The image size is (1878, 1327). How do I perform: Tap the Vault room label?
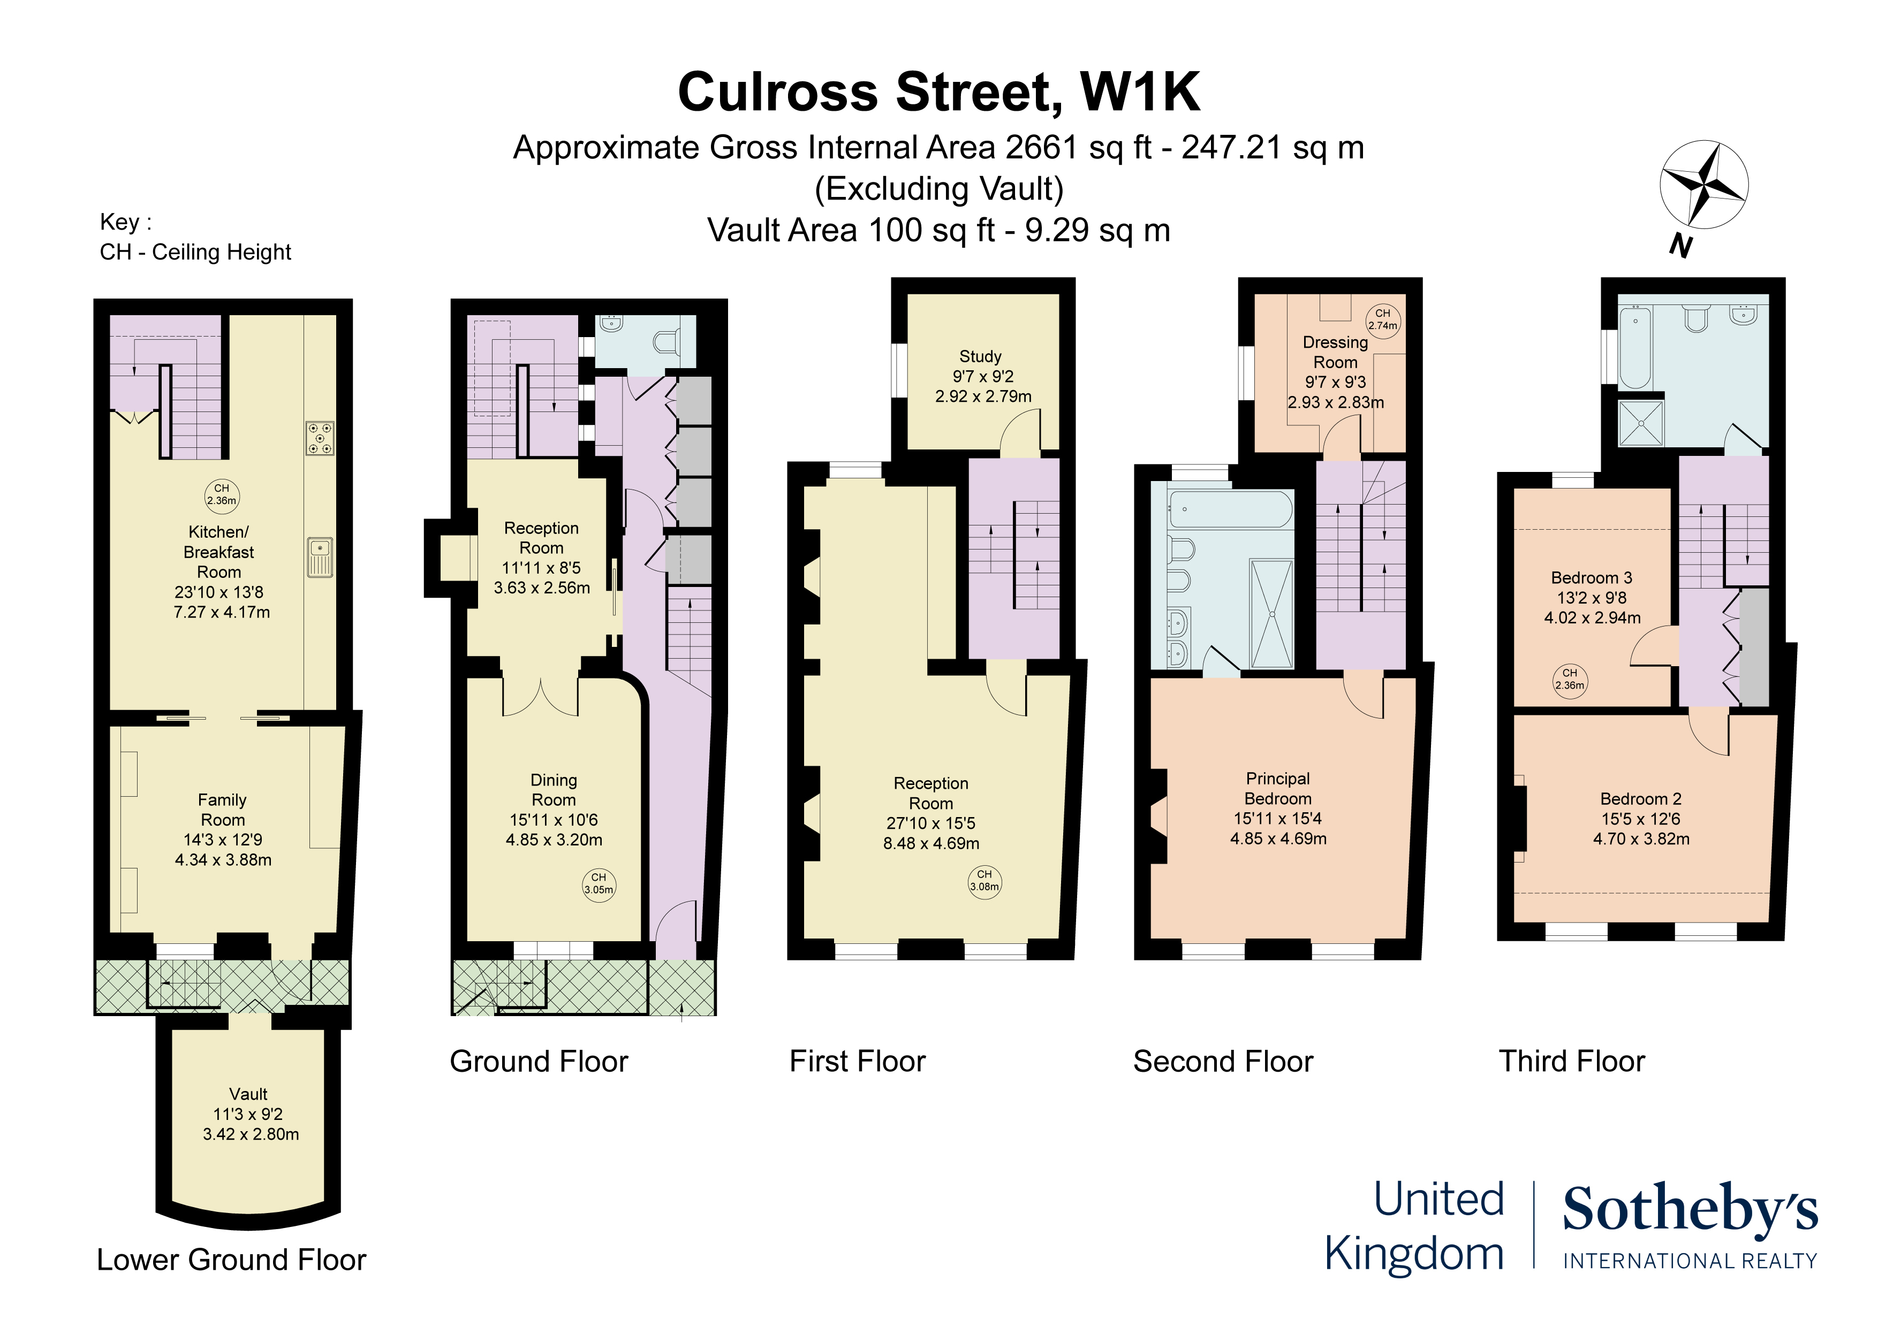(x=248, y=1094)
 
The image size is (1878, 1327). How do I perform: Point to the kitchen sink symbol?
(x=320, y=557)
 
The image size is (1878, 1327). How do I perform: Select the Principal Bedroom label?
(x=1278, y=788)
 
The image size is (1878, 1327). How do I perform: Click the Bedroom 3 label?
(x=1591, y=578)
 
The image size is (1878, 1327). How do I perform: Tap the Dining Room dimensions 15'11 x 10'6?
(x=554, y=820)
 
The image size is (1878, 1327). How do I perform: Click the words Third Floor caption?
(x=1571, y=1061)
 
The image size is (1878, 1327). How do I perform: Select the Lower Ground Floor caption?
(x=231, y=1260)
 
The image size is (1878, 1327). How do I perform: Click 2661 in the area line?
(x=1041, y=148)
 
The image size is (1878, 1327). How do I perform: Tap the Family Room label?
(x=223, y=810)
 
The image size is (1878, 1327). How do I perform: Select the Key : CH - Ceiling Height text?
(x=195, y=237)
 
